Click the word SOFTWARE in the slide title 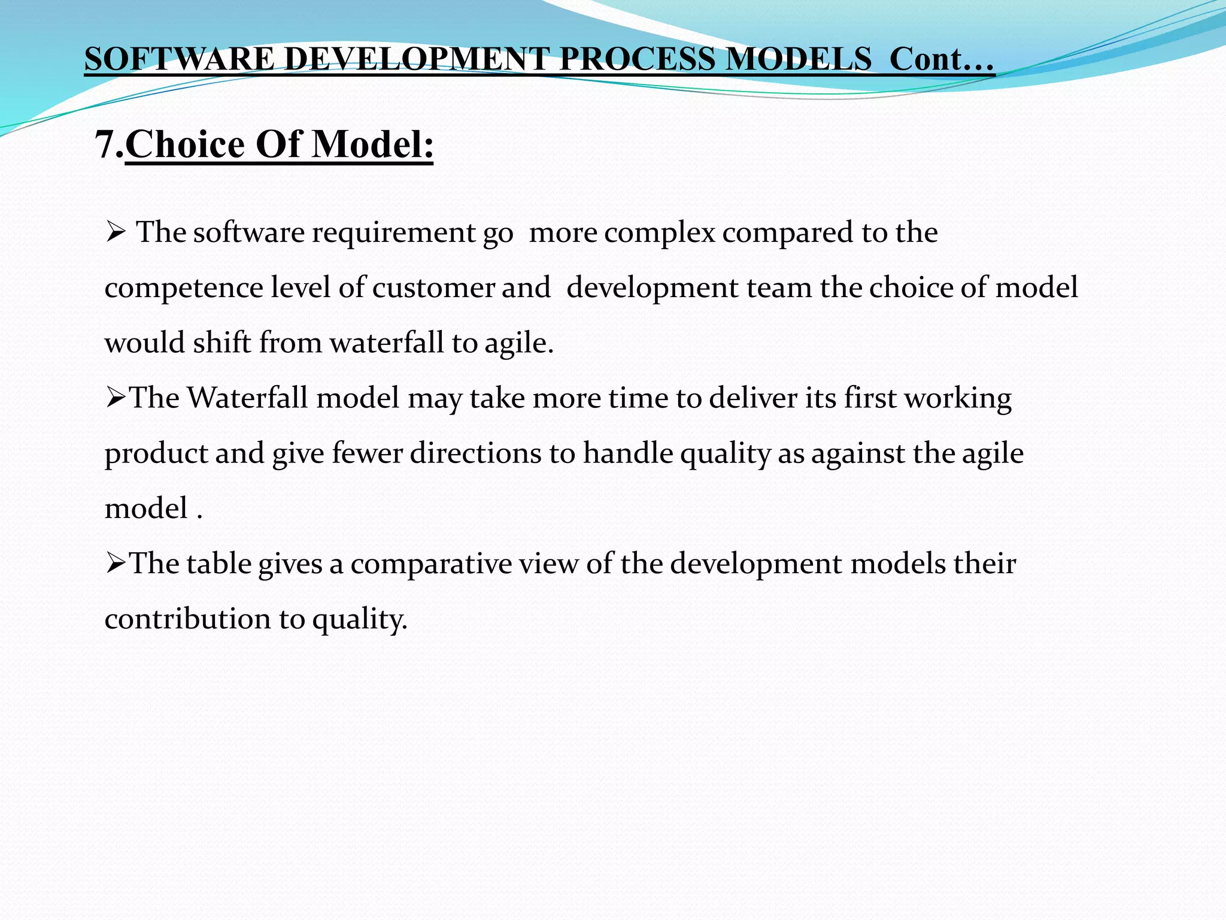(x=179, y=60)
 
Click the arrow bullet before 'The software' (x=114, y=232)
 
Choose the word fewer (x=367, y=453)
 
